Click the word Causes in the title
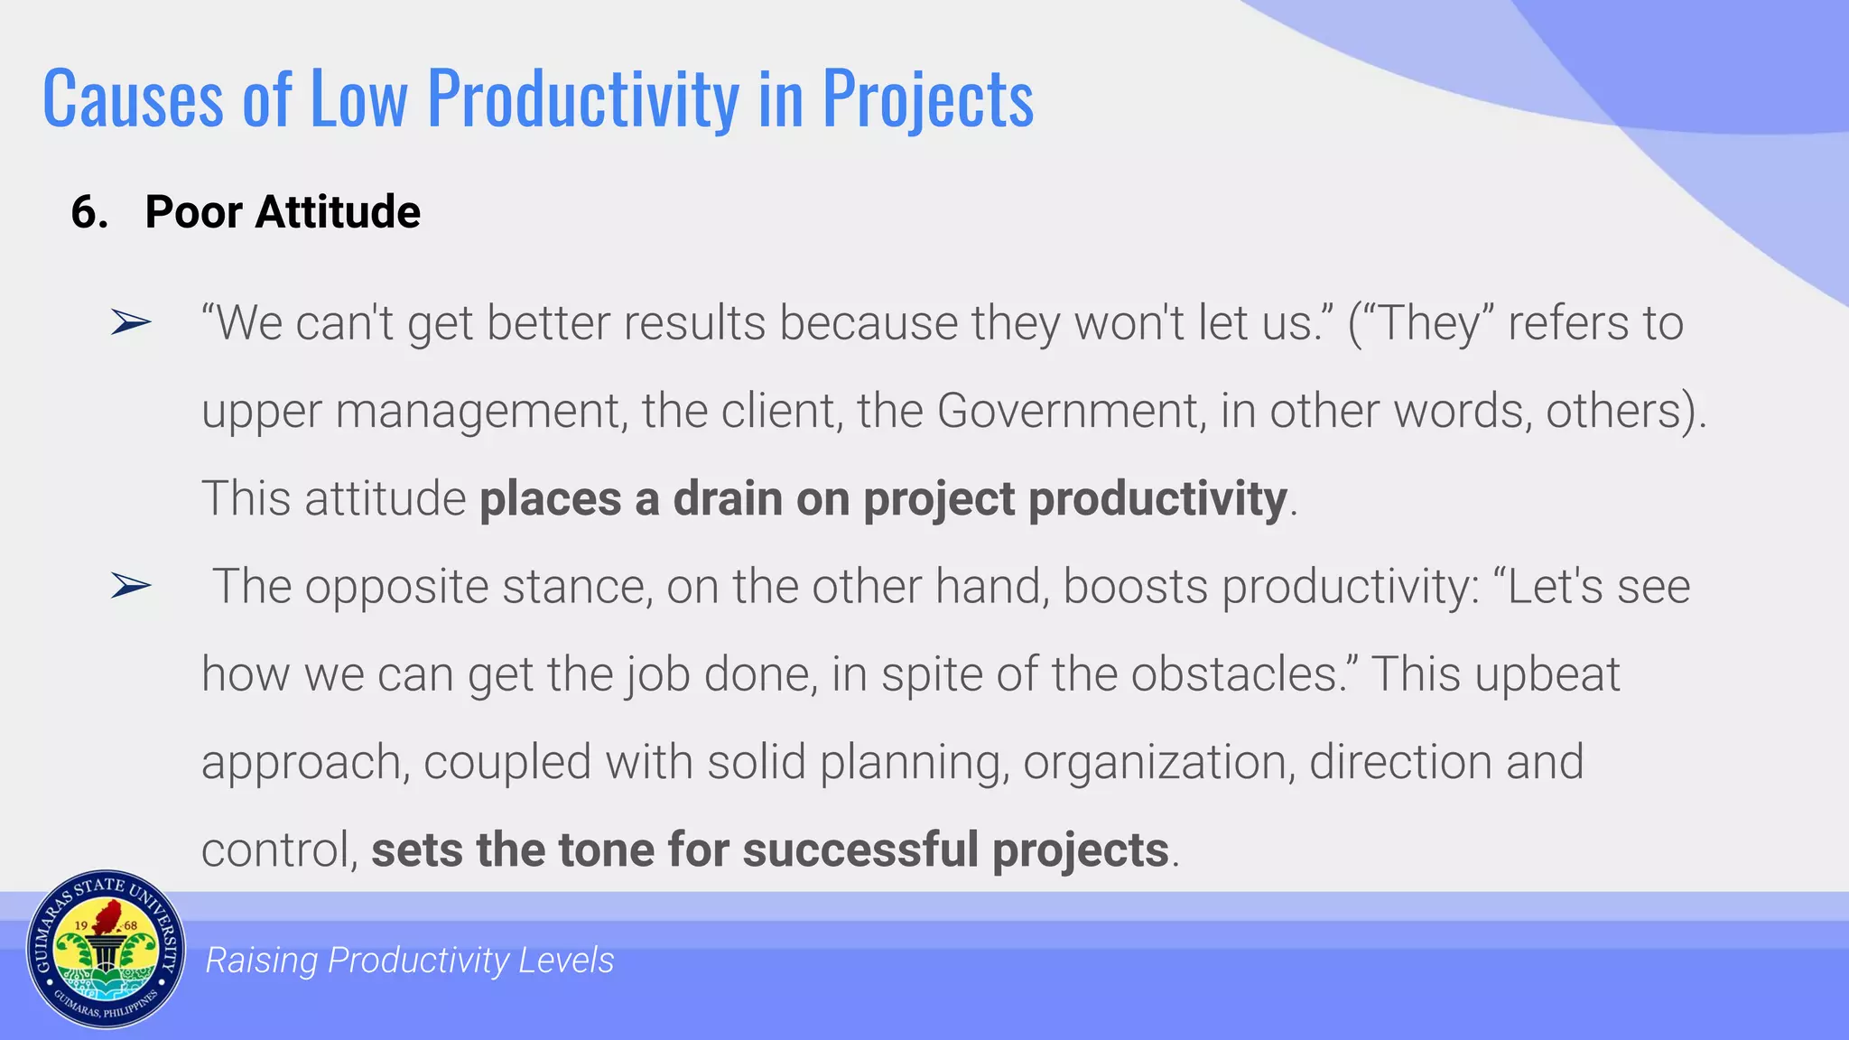point(132,99)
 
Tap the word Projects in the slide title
point(927,99)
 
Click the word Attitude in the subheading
point(338,213)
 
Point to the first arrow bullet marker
point(131,322)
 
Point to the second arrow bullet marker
point(131,586)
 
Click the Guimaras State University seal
point(106,950)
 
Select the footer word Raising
point(261,961)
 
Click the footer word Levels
point(566,961)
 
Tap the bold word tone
point(607,850)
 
